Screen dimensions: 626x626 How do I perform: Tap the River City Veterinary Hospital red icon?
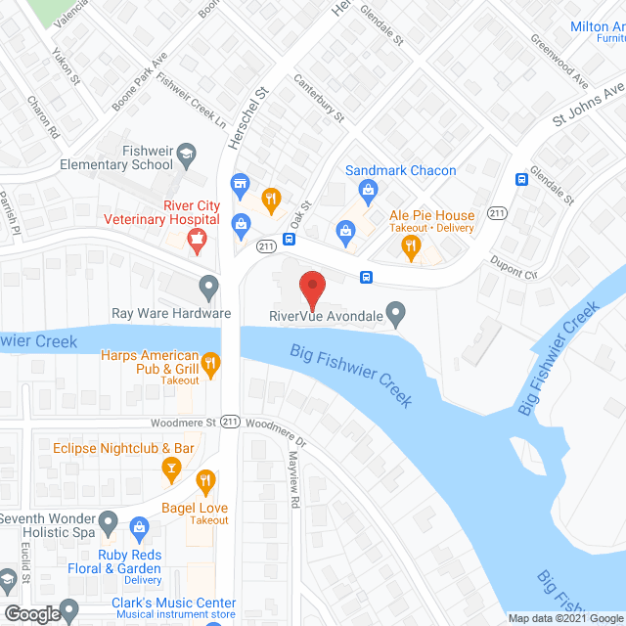point(199,240)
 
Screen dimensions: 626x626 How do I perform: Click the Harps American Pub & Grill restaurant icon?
point(209,365)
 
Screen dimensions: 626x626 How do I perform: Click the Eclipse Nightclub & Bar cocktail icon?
point(172,470)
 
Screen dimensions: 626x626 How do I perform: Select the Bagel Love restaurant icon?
point(205,481)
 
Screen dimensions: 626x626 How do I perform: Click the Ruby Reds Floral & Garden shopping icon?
point(139,529)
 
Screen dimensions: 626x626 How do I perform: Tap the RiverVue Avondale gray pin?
point(396,314)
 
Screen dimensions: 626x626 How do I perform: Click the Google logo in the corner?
point(30,614)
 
